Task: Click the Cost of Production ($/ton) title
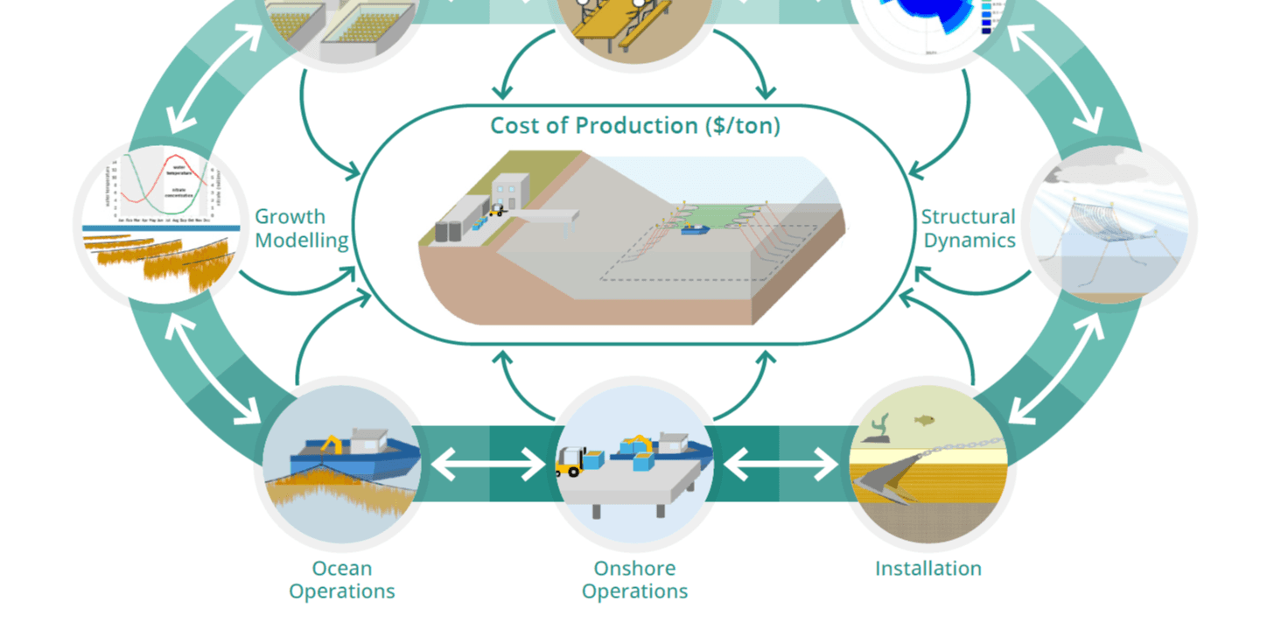point(634,125)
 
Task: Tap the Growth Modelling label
point(301,228)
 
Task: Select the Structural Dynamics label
point(968,228)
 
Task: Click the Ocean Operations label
point(341,579)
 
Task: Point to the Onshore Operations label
point(634,579)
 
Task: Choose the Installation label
point(927,568)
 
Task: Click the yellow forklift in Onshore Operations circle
point(570,462)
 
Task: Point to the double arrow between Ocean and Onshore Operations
point(488,465)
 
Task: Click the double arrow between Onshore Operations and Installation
point(781,465)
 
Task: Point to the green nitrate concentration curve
point(149,197)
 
